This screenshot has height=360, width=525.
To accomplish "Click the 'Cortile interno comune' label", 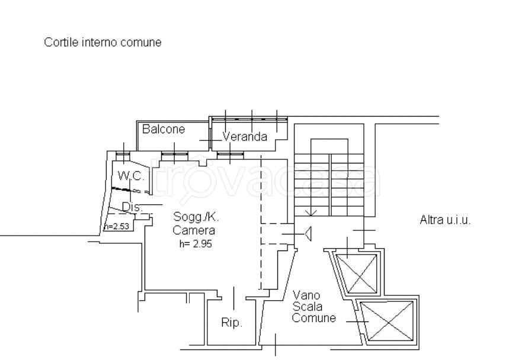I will [103, 43].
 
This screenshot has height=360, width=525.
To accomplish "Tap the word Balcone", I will [163, 129].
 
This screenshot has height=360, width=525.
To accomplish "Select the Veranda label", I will [245, 137].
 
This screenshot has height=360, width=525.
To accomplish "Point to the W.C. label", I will [130, 175].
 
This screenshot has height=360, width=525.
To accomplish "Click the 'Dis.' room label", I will [133, 207].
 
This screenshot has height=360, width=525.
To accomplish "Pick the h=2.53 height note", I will [116, 226].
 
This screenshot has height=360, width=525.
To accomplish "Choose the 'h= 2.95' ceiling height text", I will [195, 243].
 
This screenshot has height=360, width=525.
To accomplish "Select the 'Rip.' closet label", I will [232, 323].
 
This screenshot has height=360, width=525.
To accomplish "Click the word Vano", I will [307, 295].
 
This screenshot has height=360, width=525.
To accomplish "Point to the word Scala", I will [307, 306].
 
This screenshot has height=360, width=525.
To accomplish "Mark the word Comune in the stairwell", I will [313, 318].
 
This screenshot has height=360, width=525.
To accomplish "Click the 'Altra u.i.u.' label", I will [445, 220].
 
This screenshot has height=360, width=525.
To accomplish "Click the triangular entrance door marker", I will [309, 235].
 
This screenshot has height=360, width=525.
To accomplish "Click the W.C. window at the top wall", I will [123, 156].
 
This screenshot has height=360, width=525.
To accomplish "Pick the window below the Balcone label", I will [174, 155].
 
